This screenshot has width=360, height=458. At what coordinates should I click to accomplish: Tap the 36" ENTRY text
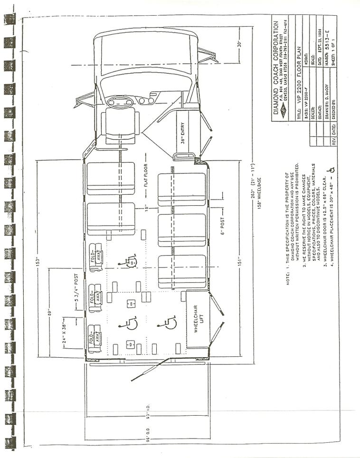pos(182,133)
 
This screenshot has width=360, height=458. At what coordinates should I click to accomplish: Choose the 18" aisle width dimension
pos(148,208)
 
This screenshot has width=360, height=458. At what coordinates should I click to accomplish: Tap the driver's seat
pos(121,123)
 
